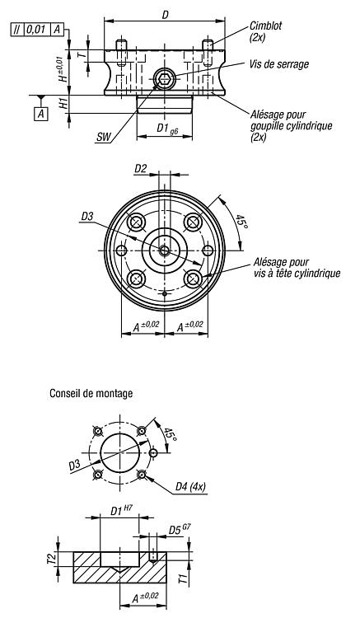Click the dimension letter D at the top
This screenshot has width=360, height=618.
(165, 15)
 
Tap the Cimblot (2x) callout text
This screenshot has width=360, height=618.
(265, 32)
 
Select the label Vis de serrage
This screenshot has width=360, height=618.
(279, 64)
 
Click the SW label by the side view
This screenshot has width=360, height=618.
(104, 137)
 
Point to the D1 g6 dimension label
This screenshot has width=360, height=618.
(167, 129)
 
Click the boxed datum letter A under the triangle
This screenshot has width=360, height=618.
(41, 115)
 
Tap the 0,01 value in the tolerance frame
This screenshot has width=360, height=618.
(37, 30)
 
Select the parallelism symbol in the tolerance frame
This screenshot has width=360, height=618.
(18, 30)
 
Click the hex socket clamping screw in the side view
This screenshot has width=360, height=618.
(163, 77)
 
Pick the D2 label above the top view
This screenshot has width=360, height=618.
(141, 169)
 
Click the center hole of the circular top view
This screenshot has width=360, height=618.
(164, 250)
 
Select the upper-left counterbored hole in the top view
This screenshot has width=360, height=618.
(136, 222)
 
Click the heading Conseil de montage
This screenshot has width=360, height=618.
(91, 393)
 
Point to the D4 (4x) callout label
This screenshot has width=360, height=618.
(190, 487)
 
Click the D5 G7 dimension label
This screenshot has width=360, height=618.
(180, 529)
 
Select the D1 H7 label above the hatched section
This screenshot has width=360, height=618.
(121, 510)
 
